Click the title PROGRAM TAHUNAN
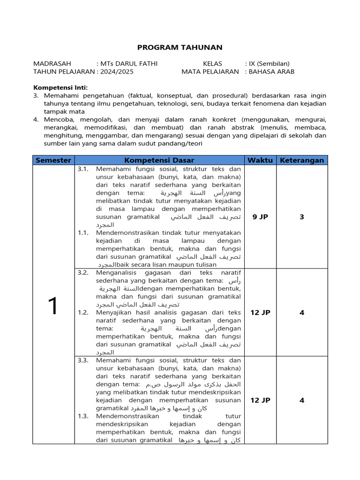[180, 47]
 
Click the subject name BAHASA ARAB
[271, 72]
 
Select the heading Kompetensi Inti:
[60, 87]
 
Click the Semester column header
[53, 160]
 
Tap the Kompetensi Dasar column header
[159, 160]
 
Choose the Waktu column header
[260, 160]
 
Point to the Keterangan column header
[302, 160]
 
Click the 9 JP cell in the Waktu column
[260, 217]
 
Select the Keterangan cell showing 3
[302, 217]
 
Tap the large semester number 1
[53, 306]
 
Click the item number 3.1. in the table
[83, 169]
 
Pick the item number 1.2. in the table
[83, 312]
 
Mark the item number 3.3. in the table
[83, 360]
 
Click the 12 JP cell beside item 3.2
[260, 312]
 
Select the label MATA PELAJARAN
[210, 72]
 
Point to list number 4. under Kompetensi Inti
[36, 120]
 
